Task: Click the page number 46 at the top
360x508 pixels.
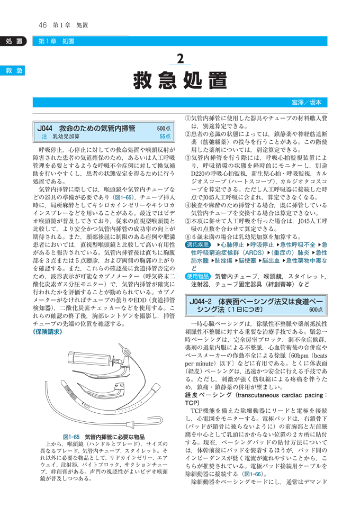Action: tap(43, 25)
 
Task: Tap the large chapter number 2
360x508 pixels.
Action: tap(181, 59)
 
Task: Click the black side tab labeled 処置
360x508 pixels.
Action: tap(13, 41)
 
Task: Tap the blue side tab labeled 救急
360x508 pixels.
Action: tap(13, 70)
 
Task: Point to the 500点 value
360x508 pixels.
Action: tap(164, 129)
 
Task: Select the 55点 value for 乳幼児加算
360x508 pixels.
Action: tap(165, 137)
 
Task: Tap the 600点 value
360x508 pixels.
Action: tap(316, 310)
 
